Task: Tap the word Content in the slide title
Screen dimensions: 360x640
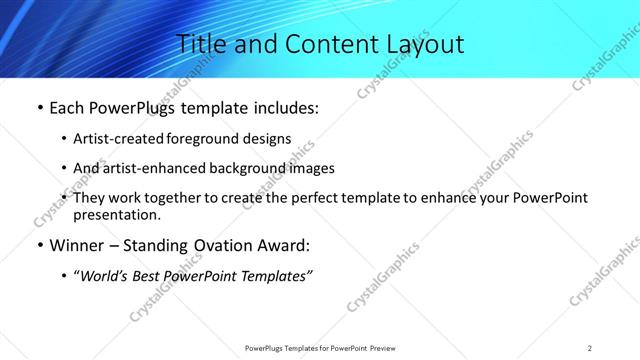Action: (319, 44)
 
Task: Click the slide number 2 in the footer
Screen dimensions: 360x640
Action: (590, 347)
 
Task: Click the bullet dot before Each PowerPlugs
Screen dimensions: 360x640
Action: (39, 108)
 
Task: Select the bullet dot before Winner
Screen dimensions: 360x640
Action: (39, 244)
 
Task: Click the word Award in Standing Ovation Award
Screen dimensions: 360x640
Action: (288, 244)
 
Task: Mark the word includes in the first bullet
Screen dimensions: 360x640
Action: (281, 108)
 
